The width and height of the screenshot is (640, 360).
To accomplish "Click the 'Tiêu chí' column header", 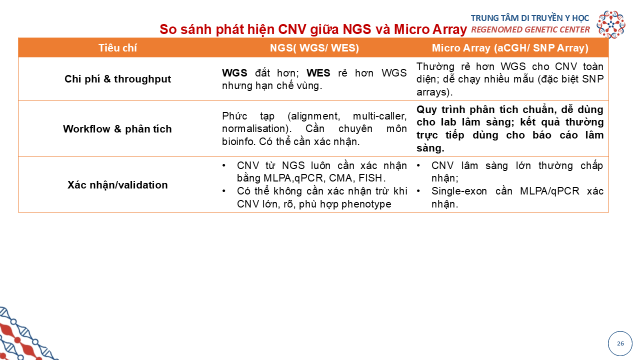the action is (117, 47).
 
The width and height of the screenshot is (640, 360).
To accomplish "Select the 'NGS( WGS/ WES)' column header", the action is (314, 47).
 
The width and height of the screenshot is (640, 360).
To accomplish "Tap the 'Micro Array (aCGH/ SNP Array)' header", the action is (510, 47).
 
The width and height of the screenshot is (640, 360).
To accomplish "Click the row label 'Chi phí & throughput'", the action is (117, 79).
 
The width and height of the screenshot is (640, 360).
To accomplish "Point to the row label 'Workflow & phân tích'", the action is (117, 129).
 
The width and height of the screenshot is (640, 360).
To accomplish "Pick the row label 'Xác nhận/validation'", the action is (117, 185).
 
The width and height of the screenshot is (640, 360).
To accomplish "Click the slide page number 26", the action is (620, 343).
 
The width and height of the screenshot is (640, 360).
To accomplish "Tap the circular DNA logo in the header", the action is (611, 24).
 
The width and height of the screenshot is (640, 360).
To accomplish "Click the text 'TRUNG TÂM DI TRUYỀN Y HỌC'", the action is (530, 18).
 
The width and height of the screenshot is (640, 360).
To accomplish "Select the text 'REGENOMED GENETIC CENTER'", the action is (530, 29).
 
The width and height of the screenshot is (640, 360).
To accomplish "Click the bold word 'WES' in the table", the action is (318, 73).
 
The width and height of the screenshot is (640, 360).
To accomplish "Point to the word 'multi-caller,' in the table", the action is (379, 116).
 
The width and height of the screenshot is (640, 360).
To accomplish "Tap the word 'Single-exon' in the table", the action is (459, 191).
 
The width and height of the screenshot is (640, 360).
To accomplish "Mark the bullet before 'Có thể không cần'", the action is (223, 191).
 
